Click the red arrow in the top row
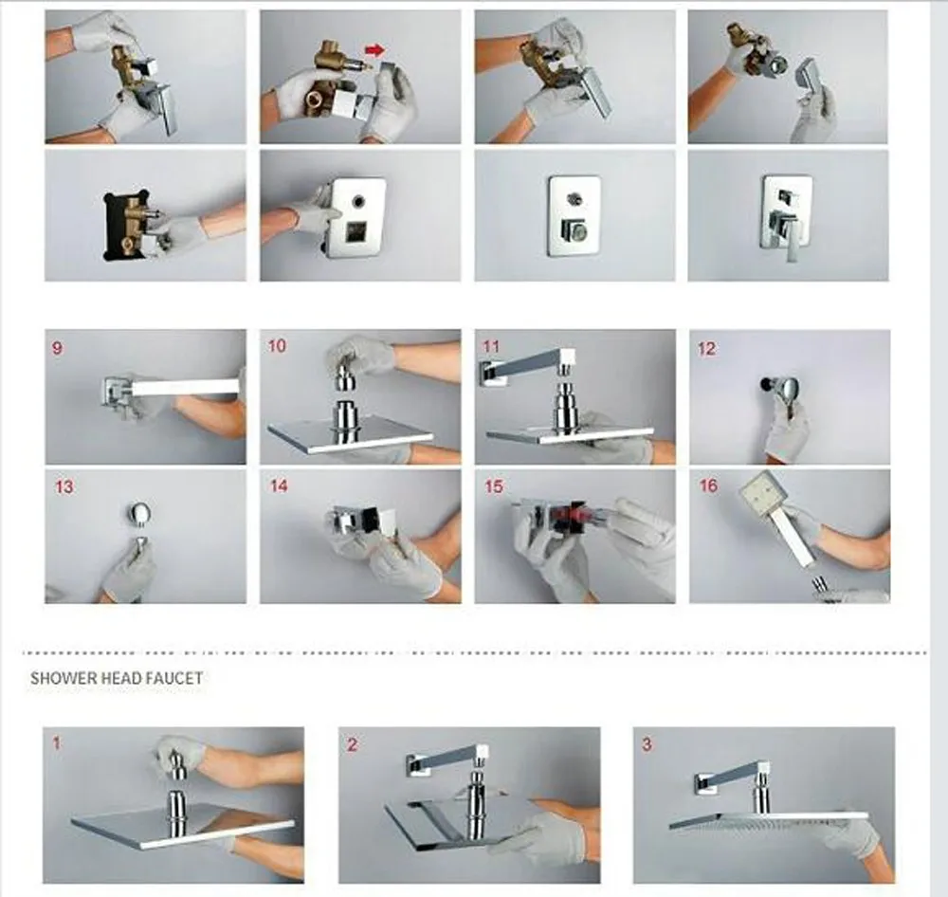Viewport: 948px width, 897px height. click(x=374, y=49)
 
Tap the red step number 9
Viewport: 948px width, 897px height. click(x=58, y=348)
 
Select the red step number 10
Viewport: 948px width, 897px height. click(x=277, y=346)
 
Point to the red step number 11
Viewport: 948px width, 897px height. click(x=491, y=347)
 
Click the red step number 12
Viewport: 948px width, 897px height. click(x=706, y=348)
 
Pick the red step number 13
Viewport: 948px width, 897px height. click(x=64, y=487)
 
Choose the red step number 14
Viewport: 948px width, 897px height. click(x=279, y=485)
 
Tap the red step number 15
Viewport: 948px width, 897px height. click(x=494, y=486)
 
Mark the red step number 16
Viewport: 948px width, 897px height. click(x=708, y=485)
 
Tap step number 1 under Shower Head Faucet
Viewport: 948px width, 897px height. click(x=57, y=742)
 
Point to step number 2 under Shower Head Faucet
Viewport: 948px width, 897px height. click(x=353, y=744)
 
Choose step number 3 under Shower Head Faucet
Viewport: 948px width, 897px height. click(x=647, y=744)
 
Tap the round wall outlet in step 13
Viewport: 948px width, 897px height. click(x=139, y=512)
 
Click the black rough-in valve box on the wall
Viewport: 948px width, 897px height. click(x=126, y=225)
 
